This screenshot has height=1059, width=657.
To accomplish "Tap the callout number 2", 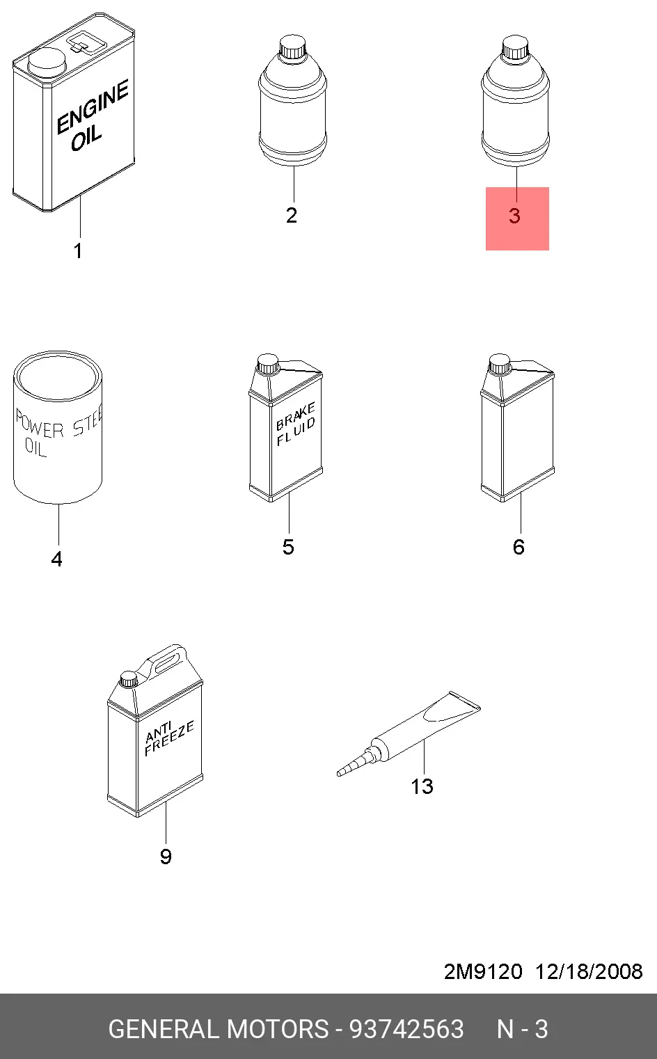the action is (292, 216).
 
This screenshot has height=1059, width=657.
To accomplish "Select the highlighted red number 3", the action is (514, 216).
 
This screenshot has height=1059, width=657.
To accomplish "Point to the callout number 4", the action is (57, 559).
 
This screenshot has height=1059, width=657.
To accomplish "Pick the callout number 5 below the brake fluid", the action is (289, 547).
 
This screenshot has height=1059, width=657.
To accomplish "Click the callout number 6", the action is (519, 547).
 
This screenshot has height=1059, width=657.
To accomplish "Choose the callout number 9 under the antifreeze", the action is (166, 857).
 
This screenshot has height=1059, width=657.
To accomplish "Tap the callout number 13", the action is (422, 787).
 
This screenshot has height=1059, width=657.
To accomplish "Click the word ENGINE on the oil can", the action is (93, 106).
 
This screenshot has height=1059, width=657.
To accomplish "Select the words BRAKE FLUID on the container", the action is (296, 424).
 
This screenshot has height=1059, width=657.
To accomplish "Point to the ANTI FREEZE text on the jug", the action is (169, 738).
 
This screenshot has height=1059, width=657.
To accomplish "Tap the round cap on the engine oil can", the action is (47, 62).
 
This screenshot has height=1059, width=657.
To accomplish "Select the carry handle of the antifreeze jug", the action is (168, 659).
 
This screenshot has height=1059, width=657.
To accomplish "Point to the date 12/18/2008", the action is (589, 972).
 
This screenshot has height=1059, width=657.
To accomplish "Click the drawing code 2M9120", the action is (483, 972).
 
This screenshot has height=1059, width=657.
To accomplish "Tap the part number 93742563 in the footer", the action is (406, 1029).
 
